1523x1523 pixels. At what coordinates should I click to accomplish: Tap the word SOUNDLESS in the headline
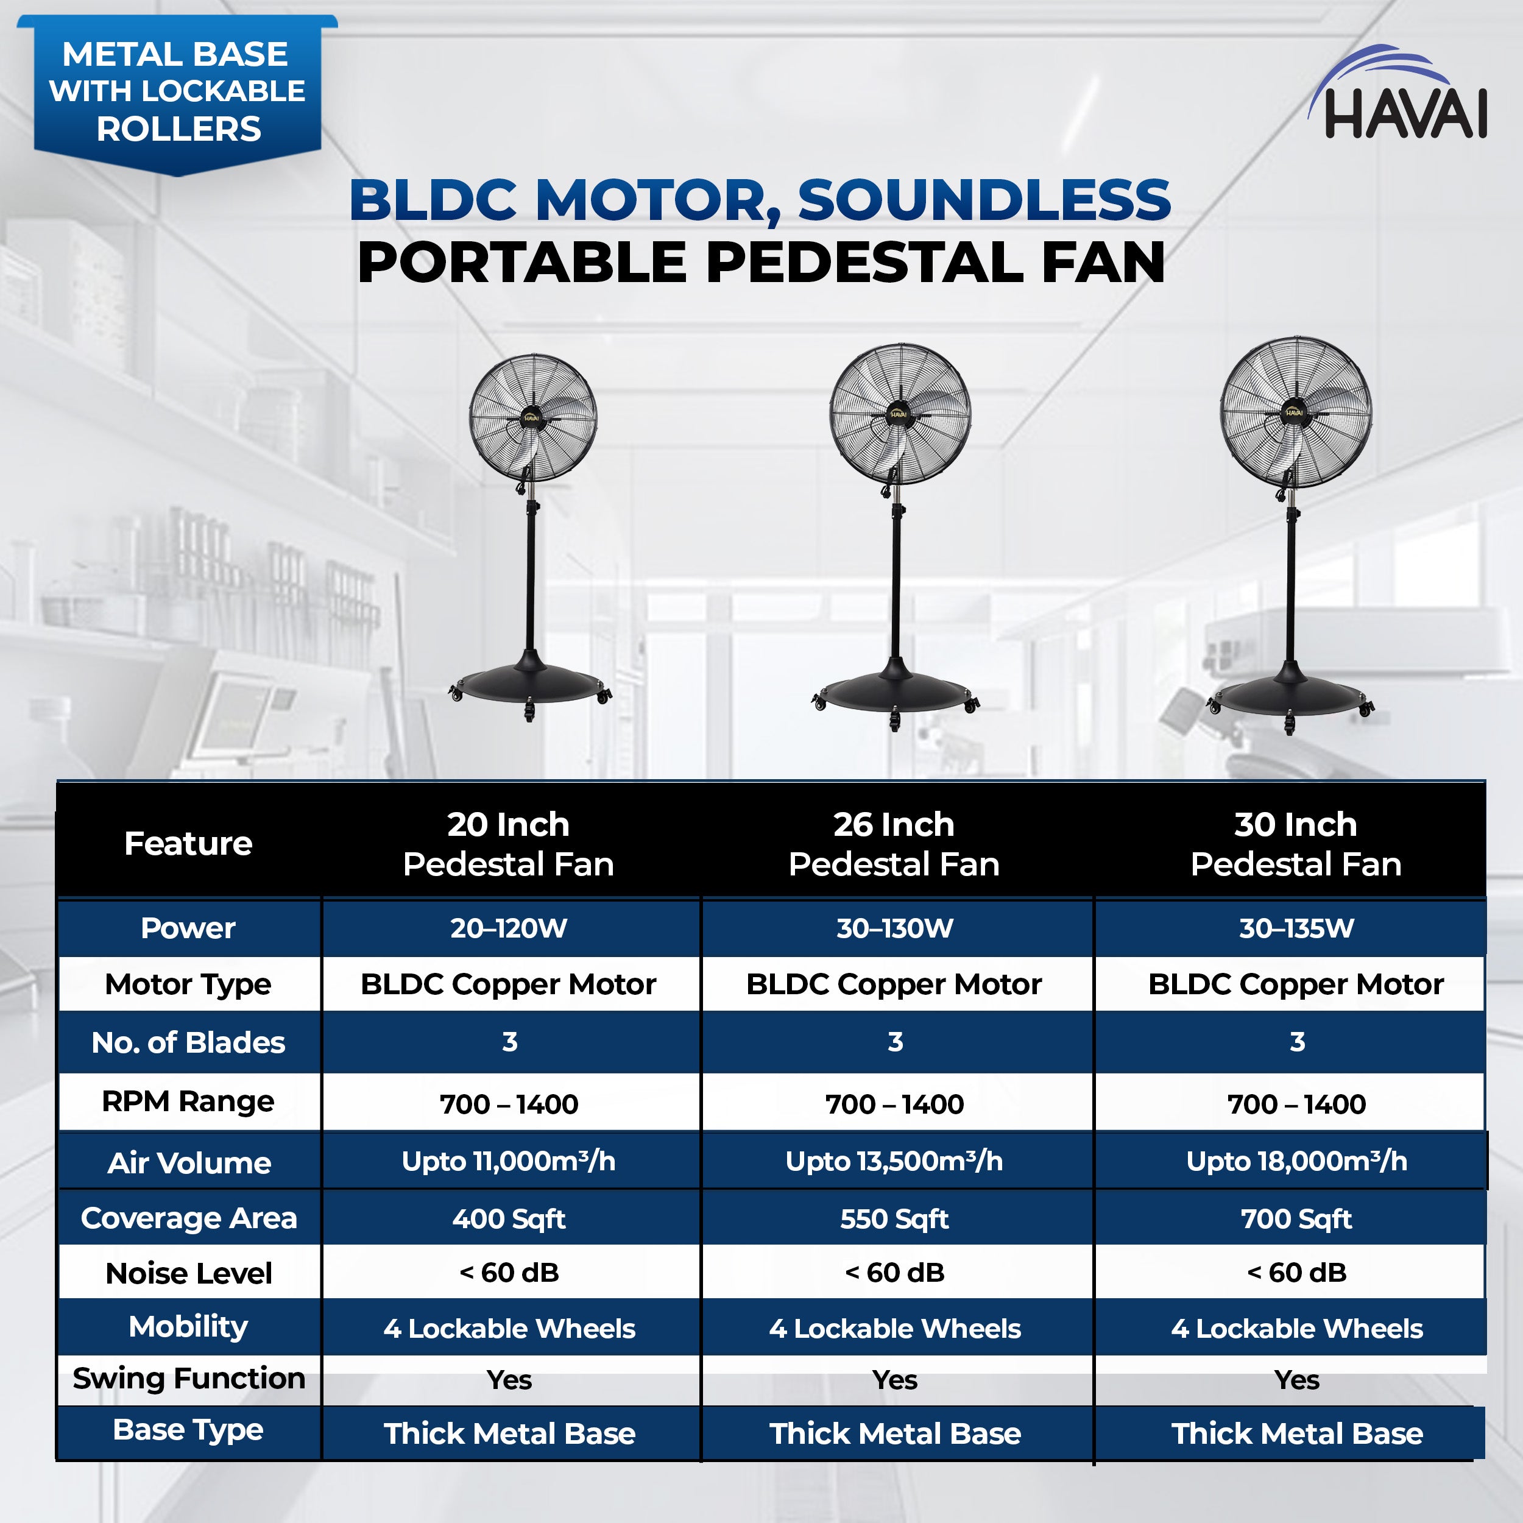click(984, 200)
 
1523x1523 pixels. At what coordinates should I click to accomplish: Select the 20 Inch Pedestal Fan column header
click(509, 844)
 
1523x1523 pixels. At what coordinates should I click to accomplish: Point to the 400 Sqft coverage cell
click(509, 1219)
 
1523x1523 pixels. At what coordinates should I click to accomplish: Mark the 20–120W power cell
click(509, 928)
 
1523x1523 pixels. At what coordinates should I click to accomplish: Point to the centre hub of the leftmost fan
click(531, 418)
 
